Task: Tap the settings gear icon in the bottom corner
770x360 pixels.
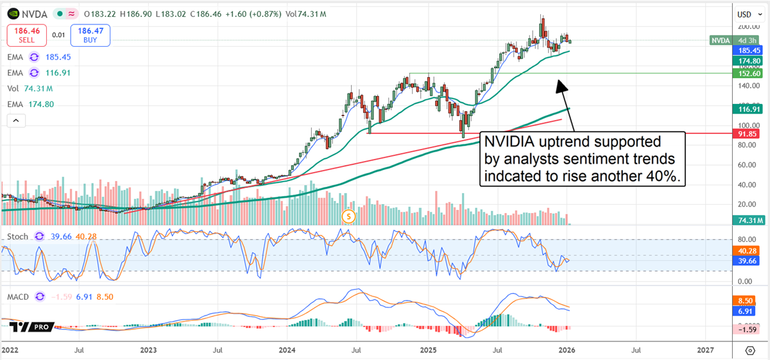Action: pos(750,350)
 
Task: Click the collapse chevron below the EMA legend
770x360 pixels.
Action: pos(16,120)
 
